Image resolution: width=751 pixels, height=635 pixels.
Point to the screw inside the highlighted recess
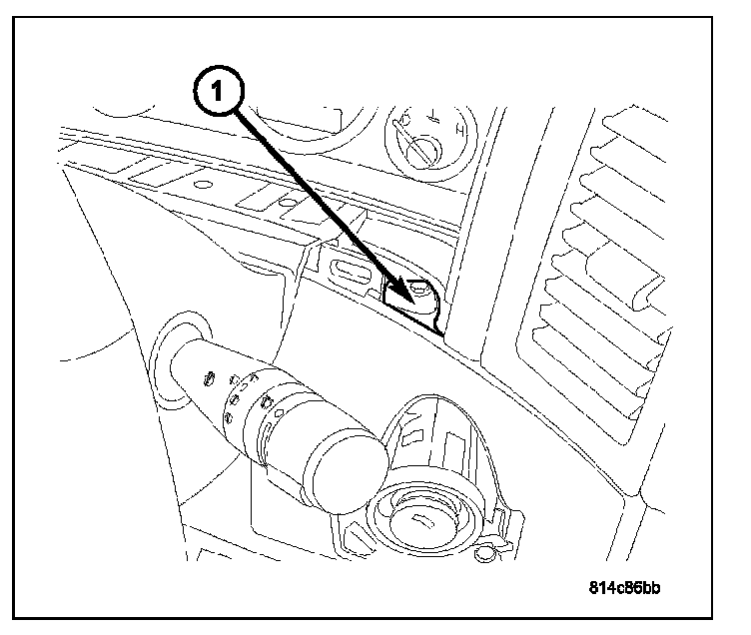418,292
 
